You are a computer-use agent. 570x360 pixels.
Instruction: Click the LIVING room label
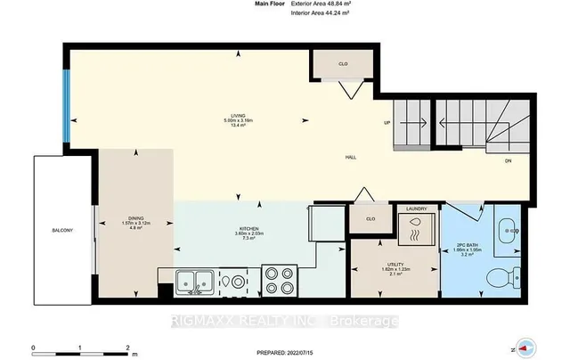pos(239,115)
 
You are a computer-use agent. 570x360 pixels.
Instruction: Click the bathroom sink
pos(509,229)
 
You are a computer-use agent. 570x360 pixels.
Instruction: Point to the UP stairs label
pos(387,123)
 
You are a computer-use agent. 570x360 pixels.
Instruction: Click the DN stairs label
pos(508,161)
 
